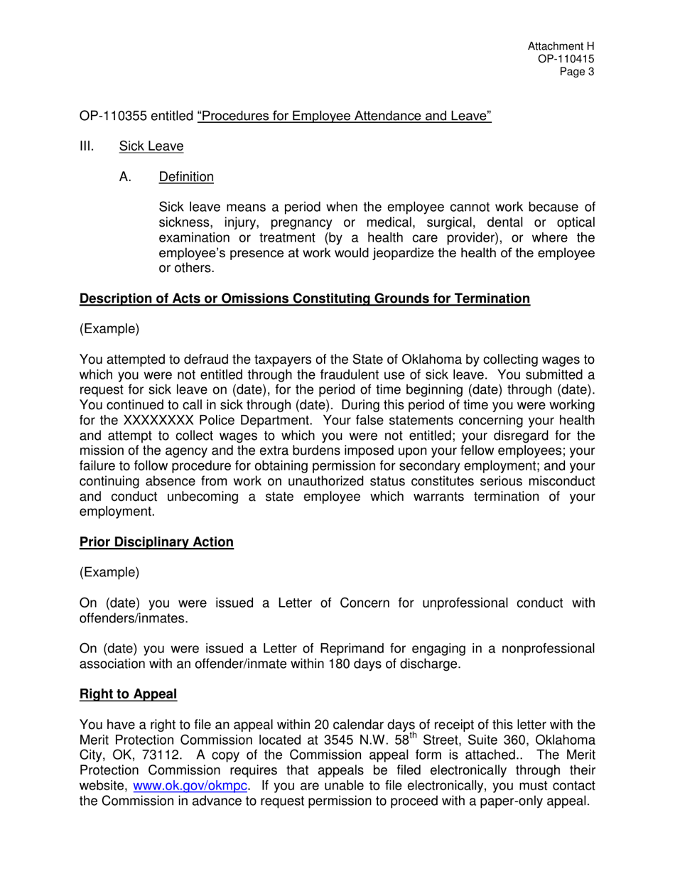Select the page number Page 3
(576, 72)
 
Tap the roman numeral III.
(86, 146)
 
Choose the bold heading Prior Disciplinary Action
(156, 542)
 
